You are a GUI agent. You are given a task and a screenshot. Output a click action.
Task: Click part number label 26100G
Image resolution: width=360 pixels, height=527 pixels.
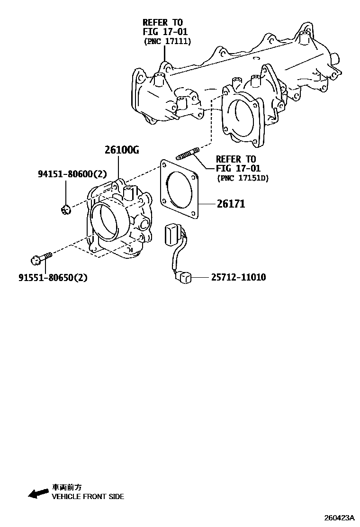122,150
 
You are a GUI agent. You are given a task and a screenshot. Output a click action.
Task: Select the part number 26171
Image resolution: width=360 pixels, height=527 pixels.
231,204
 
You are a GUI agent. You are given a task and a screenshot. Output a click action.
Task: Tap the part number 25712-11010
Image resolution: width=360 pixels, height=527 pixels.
238,277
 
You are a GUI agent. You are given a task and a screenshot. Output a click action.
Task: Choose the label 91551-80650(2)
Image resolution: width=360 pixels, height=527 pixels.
53,278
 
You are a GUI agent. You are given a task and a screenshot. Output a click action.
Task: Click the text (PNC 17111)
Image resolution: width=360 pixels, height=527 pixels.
167,42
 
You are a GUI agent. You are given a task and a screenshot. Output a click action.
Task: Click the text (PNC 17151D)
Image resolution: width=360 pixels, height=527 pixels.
242,178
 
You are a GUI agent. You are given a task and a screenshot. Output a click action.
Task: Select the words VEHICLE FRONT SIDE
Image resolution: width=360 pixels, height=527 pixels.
88,497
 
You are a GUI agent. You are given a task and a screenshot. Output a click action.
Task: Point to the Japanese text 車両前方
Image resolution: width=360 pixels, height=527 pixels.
67,487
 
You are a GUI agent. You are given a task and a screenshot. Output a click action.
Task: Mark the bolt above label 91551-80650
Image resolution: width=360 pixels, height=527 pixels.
40,258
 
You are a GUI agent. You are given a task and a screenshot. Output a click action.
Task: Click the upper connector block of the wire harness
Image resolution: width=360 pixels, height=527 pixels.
172,235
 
